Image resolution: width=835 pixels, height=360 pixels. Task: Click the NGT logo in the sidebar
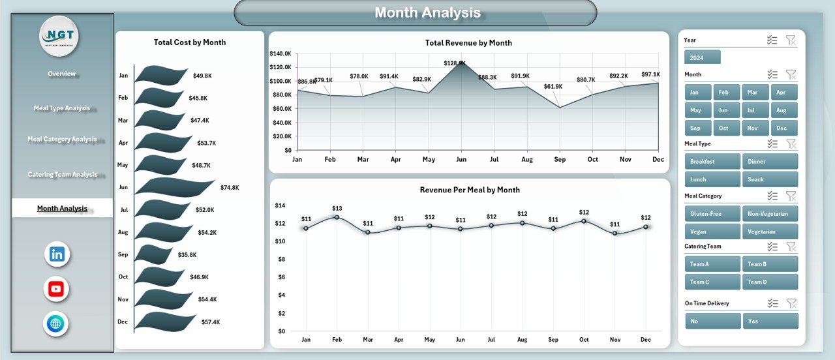[59, 37]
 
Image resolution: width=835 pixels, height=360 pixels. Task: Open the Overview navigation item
[61, 74]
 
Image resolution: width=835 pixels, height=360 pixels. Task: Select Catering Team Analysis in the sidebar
[62, 174]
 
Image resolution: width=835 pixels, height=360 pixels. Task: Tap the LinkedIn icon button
[57, 254]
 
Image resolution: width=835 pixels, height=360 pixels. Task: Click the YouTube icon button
[57, 289]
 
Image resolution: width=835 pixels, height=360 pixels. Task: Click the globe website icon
[57, 324]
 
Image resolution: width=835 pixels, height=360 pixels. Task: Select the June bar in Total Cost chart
[174, 187]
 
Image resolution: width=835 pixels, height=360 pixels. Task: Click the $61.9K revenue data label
[553, 86]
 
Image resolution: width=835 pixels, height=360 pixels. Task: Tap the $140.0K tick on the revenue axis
[280, 53]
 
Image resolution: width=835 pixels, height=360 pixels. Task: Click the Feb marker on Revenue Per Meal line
[337, 217]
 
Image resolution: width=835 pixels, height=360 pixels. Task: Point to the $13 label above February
[337, 208]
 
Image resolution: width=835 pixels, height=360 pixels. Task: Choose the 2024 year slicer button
[702, 57]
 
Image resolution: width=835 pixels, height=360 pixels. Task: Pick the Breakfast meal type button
[712, 161]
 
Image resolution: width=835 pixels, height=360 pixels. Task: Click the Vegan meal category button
[712, 232]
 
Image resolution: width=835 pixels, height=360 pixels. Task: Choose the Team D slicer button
[770, 282]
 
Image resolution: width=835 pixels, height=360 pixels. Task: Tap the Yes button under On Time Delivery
[770, 321]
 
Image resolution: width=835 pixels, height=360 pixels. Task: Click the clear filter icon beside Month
[791, 74]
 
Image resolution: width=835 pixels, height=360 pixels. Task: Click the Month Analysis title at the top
[427, 12]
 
